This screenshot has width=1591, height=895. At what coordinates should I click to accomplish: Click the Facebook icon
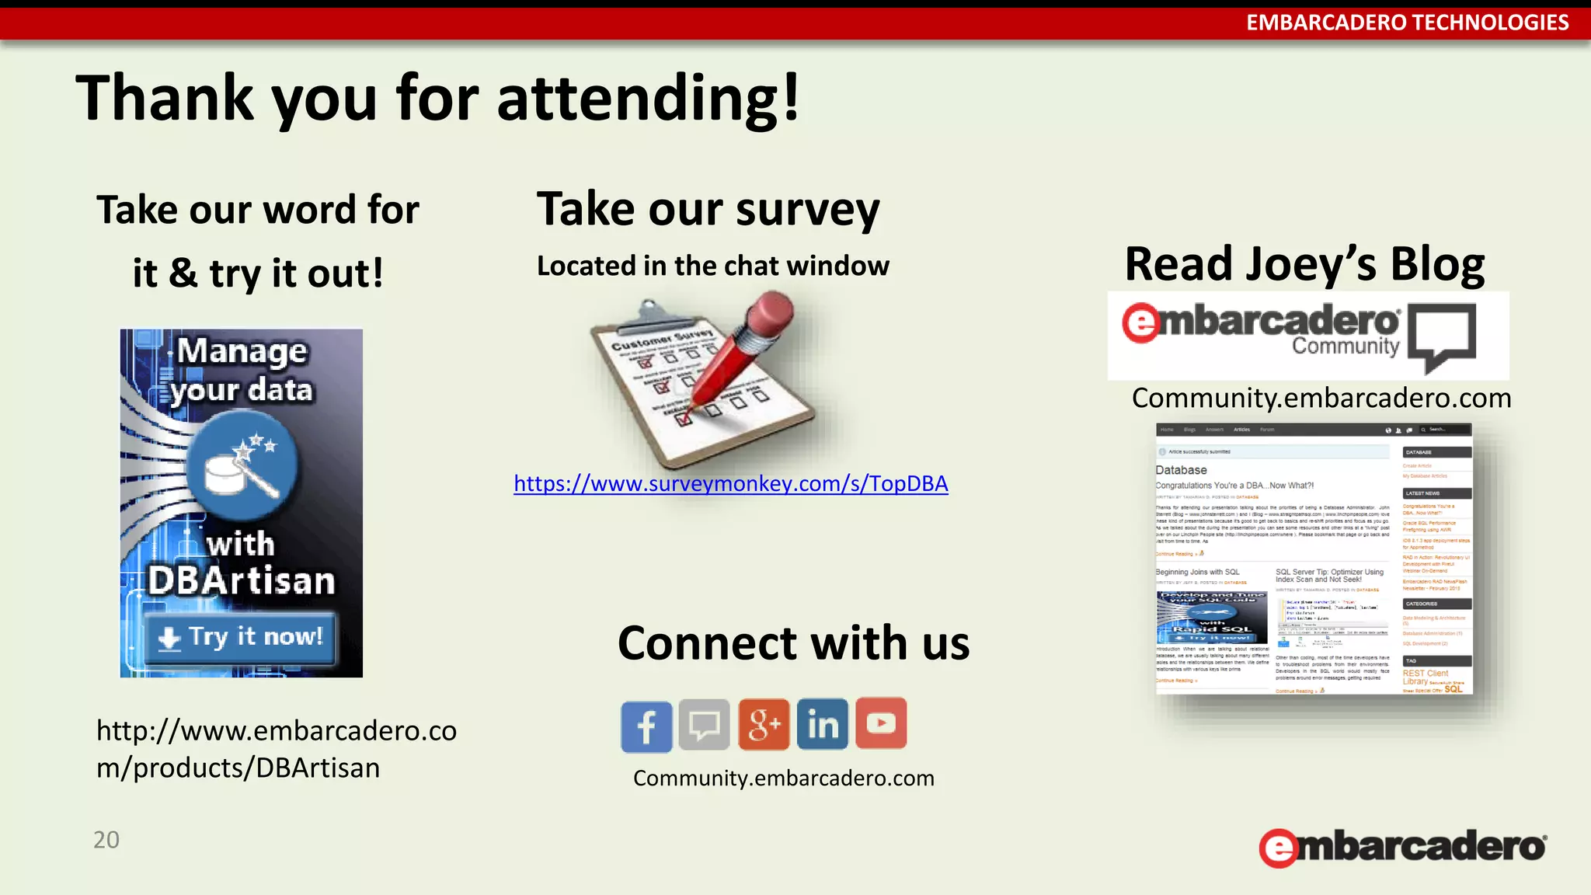[646, 726]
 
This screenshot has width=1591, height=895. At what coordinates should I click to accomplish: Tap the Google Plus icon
[764, 724]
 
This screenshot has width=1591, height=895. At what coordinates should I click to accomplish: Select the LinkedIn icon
[823, 724]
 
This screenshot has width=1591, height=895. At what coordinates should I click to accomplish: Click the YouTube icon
[881, 723]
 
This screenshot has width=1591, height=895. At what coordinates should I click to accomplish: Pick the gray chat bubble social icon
[705, 725]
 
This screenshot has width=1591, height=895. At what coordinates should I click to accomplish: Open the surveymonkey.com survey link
[730, 484]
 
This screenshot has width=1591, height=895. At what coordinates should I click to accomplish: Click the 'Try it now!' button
[241, 638]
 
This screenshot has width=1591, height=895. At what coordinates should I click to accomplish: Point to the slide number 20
[106, 840]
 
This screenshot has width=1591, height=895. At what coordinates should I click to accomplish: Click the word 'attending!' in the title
[648, 99]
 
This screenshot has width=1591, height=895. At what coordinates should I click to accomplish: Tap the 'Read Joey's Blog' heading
[1304, 264]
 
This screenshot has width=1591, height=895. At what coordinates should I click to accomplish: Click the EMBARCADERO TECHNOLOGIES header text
[1407, 23]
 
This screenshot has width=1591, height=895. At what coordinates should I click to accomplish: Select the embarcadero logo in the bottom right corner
[1403, 847]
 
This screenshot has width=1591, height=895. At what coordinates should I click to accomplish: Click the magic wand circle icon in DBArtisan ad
[242, 465]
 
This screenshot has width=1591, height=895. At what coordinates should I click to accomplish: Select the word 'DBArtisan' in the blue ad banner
[242, 581]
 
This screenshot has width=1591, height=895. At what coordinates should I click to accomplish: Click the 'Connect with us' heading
[793, 643]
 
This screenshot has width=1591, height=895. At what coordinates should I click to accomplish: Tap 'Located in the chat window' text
[712, 266]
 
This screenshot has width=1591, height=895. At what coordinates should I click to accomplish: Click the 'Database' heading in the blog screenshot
[1181, 470]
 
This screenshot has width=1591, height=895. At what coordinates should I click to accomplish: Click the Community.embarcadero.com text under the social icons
[783, 778]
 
